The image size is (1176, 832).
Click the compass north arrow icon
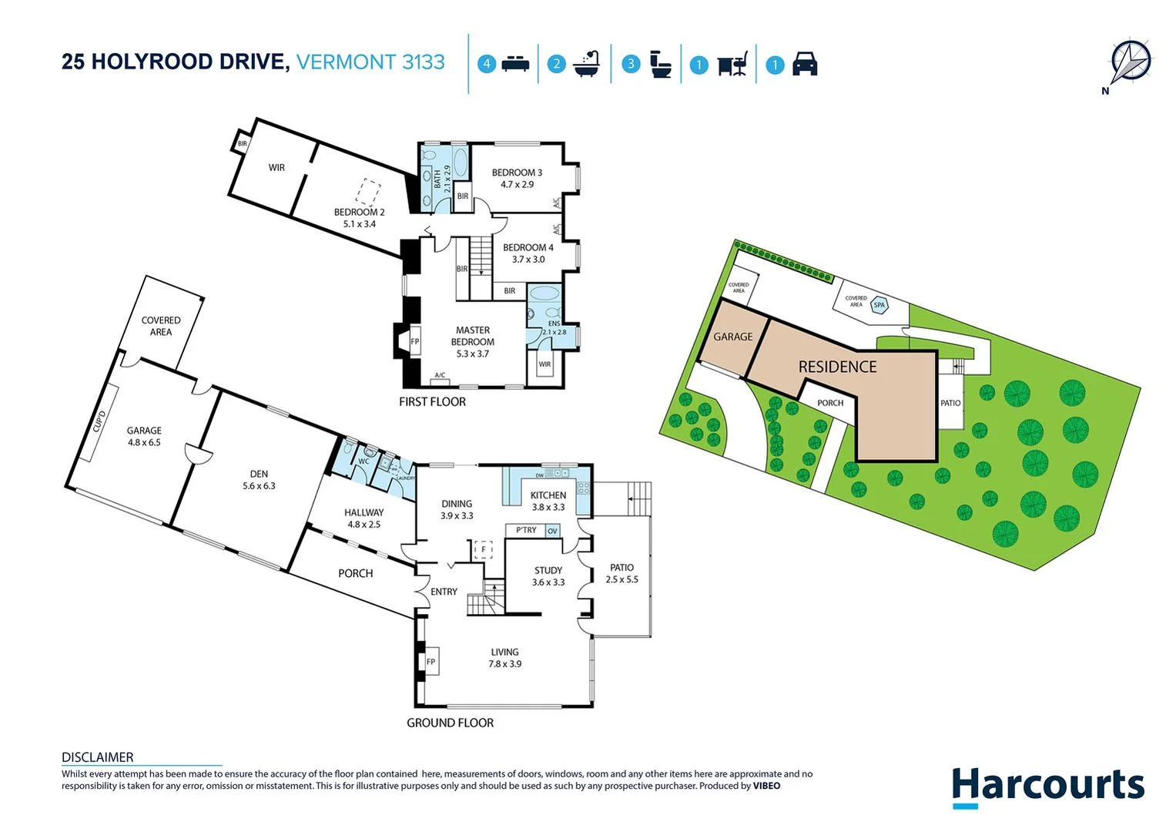pyautogui.click(x=1130, y=62)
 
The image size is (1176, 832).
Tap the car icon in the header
pyautogui.click(x=804, y=64)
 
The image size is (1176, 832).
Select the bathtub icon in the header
pyautogui.click(x=586, y=64)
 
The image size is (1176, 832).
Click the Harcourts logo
pyautogui.click(x=1047, y=787)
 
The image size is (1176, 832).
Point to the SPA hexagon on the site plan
pyautogui.click(x=879, y=305)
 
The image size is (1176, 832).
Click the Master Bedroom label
pyautogui.click(x=472, y=341)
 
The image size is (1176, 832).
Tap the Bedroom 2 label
pyautogui.click(x=359, y=218)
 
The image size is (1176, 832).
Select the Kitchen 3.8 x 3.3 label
pyautogui.click(x=548, y=502)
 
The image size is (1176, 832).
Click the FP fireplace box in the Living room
pyautogui.click(x=431, y=662)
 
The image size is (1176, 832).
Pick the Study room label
pyautogui.click(x=548, y=576)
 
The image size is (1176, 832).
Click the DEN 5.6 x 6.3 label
pyautogui.click(x=259, y=480)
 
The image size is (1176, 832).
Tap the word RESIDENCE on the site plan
pyautogui.click(x=837, y=367)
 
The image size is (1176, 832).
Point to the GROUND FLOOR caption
pyautogui.click(x=450, y=723)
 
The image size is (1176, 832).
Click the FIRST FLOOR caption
pyautogui.click(x=432, y=401)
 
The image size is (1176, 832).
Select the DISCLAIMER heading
pyautogui.click(x=97, y=757)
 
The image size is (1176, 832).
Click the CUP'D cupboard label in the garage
pyautogui.click(x=99, y=422)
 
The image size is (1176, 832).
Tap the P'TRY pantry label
pyautogui.click(x=526, y=530)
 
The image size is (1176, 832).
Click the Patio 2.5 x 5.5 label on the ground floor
pyautogui.click(x=622, y=573)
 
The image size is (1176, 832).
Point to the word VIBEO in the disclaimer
pyautogui.click(x=766, y=786)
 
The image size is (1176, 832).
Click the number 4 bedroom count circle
pyautogui.click(x=486, y=64)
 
